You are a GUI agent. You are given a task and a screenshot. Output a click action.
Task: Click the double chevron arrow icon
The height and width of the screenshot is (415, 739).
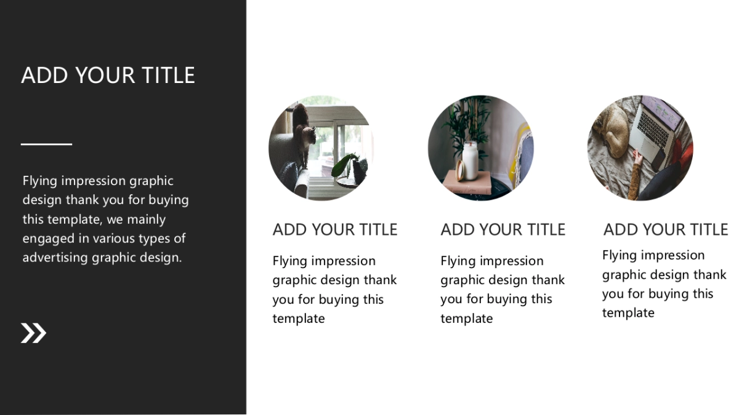33,333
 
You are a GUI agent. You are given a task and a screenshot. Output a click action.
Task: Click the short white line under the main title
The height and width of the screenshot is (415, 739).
47,144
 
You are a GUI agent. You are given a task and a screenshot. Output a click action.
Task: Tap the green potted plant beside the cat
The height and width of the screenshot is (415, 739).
350,168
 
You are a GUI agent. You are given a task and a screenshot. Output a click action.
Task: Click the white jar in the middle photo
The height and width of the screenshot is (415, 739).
470,160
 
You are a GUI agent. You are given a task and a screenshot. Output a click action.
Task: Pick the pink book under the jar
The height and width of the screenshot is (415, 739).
467,183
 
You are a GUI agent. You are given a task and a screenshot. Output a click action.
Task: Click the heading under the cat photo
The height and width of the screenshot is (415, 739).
335,229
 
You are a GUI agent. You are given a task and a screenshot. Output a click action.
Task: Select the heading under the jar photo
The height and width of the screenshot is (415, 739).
503,229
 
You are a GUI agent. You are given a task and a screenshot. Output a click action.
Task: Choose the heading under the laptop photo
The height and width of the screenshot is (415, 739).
666,229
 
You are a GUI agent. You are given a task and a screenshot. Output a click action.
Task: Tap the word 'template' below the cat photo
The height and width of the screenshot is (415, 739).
299,319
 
